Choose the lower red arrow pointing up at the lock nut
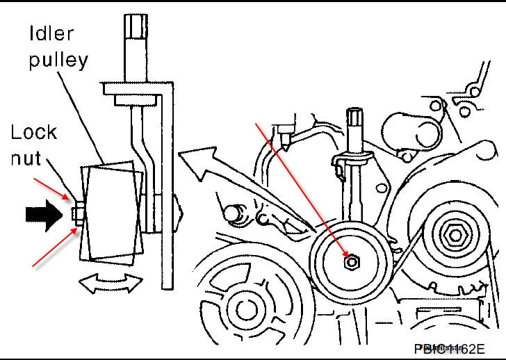tap(52, 247)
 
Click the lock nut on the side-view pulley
tap(76, 213)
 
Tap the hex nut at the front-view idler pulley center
tap(352, 262)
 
